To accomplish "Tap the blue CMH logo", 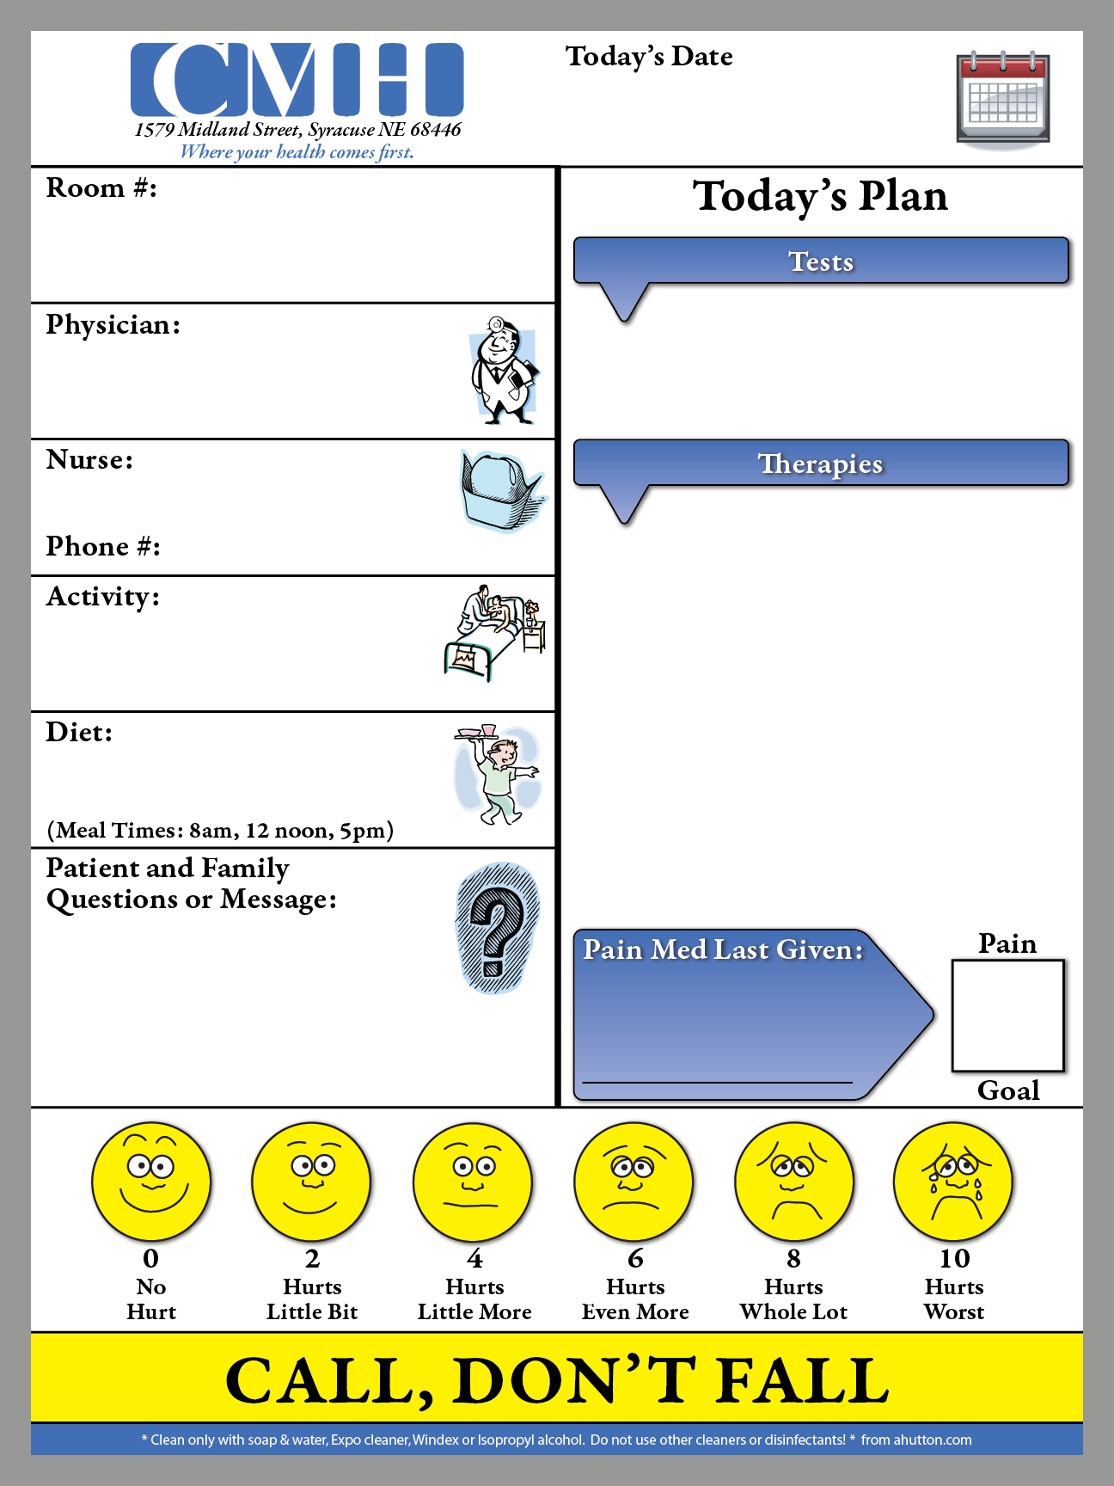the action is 297,79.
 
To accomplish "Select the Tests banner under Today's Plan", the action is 821,261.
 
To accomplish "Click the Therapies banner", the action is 821,464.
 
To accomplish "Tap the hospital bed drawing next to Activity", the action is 495,633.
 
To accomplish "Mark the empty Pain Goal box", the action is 1007,1016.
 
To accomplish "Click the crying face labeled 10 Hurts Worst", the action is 953,1182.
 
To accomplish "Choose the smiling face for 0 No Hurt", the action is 151,1182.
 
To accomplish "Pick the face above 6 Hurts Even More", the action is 634,1182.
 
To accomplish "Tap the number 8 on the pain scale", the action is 793,1259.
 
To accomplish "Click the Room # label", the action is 101,187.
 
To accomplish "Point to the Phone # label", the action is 103,546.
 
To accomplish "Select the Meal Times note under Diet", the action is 220,831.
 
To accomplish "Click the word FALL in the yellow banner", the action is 803,1381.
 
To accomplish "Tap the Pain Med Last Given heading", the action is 723,949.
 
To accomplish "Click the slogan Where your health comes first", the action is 297,152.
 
